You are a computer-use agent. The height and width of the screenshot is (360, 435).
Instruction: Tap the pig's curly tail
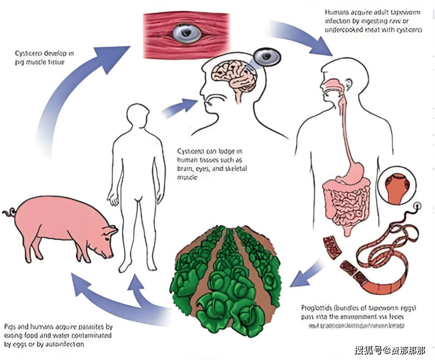click(x=9, y=212)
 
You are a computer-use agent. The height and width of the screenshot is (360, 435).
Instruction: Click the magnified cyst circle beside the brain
click(x=266, y=58)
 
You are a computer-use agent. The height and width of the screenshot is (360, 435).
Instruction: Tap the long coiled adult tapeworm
click(x=390, y=254)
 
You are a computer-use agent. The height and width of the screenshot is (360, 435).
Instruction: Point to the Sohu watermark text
click(x=390, y=350)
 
